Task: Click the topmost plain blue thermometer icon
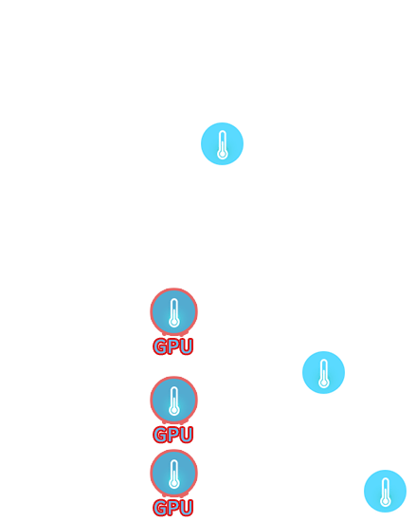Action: [x=223, y=144]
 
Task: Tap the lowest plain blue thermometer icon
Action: [x=385, y=491]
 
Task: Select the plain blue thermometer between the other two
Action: [x=324, y=373]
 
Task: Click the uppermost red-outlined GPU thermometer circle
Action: [x=174, y=311]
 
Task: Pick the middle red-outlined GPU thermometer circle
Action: [x=174, y=400]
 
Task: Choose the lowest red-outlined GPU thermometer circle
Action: [x=174, y=473]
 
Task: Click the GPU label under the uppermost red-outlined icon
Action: [x=173, y=346]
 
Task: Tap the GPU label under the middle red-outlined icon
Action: [x=173, y=435]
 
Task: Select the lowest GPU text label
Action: [x=173, y=508]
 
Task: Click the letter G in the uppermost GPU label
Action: [x=160, y=346]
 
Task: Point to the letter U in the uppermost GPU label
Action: [x=187, y=346]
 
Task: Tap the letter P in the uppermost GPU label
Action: [x=173, y=346]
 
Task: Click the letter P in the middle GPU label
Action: [x=173, y=435]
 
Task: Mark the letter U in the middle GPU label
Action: [x=187, y=435]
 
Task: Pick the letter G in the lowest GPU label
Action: [x=160, y=508]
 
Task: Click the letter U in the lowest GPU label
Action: [x=187, y=508]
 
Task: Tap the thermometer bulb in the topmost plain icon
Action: [x=223, y=154]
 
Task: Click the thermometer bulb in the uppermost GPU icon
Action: [x=174, y=322]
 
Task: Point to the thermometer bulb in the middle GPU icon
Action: [x=174, y=410]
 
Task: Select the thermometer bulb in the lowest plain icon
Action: [x=385, y=501]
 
